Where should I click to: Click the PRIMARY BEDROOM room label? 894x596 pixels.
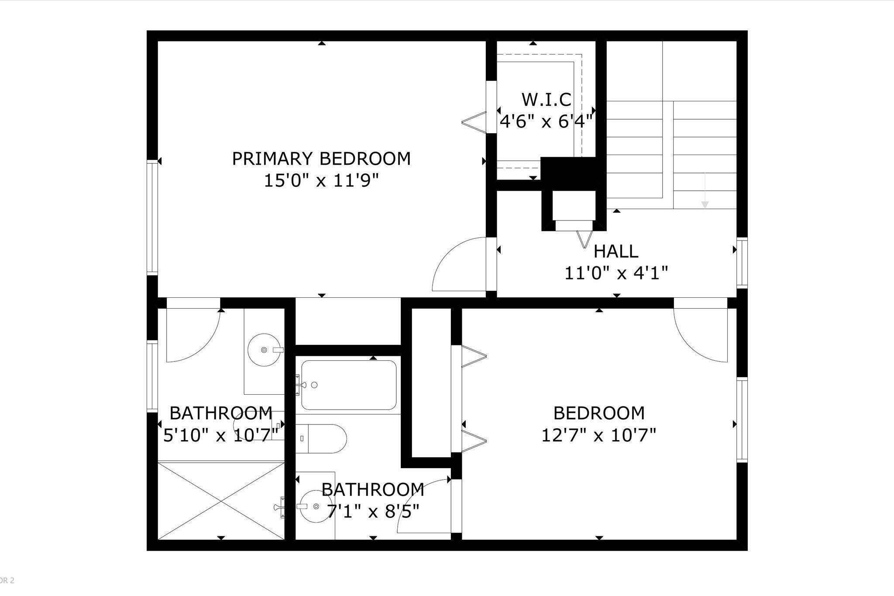321,159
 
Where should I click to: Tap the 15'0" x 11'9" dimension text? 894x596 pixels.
321,181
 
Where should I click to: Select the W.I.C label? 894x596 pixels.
546,100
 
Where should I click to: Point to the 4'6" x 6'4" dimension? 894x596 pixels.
546,121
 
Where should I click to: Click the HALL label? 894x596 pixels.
616,251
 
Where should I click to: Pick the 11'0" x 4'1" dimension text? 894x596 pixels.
616,274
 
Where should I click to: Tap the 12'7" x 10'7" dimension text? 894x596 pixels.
598,435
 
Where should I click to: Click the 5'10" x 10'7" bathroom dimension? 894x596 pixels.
221,435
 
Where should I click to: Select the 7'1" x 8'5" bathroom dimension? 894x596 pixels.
373,511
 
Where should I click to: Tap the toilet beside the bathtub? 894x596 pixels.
325,438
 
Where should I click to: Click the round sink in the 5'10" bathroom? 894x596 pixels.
264,350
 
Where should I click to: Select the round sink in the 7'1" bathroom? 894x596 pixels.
316,506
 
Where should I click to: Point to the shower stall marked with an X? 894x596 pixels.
220,500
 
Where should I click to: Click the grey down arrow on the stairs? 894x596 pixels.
705,202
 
